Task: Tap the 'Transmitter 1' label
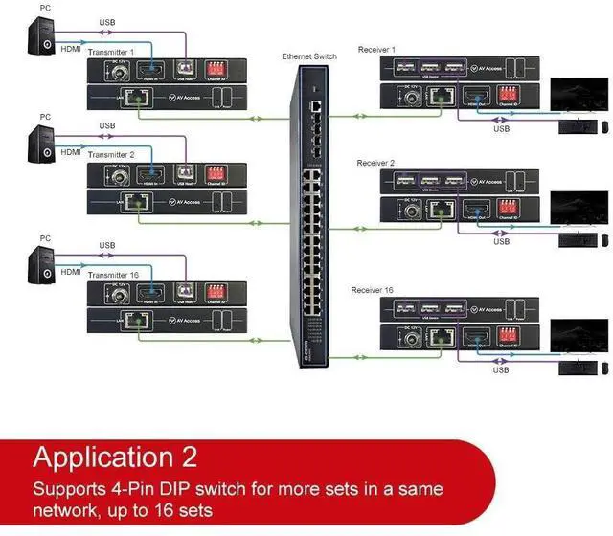(x=119, y=51)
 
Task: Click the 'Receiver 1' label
(x=376, y=49)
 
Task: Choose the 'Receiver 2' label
(x=376, y=164)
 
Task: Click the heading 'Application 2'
(x=141, y=458)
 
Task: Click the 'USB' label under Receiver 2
(x=500, y=241)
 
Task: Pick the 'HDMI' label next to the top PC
(x=71, y=48)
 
